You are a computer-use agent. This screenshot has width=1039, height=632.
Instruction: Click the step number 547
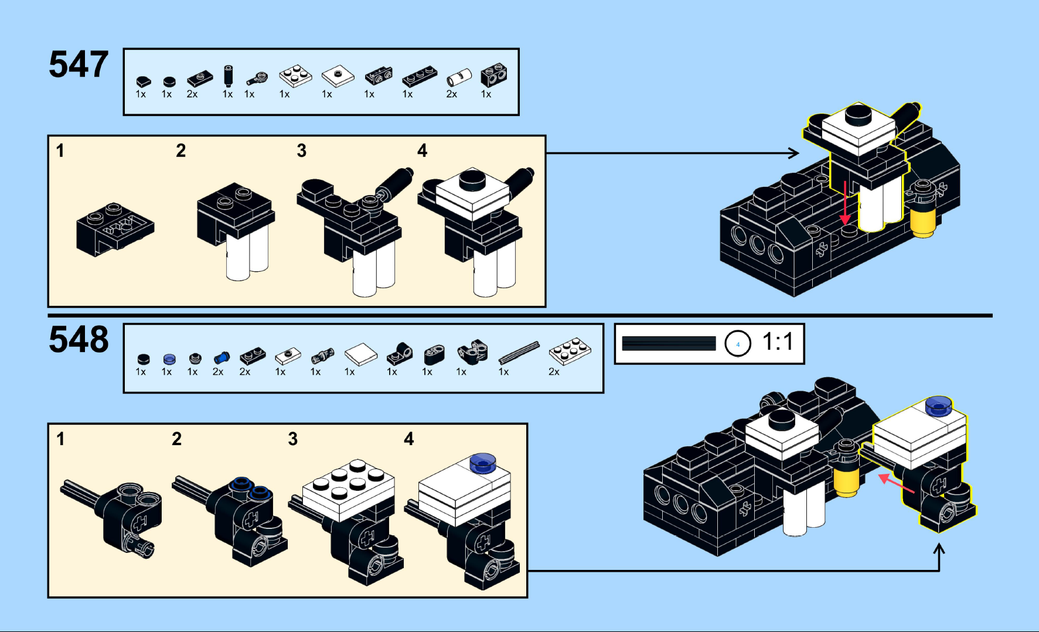(x=79, y=64)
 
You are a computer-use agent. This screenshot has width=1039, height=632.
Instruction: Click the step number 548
(x=79, y=340)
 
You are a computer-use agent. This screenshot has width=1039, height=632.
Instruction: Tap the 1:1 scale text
(x=778, y=341)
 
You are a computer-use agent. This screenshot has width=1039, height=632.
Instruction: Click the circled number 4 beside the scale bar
(x=738, y=344)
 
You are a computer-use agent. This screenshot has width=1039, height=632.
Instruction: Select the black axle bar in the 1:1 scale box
(x=669, y=343)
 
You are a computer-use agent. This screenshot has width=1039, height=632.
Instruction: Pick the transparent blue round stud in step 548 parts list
(x=169, y=359)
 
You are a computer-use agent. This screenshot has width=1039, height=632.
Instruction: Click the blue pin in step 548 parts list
(x=221, y=358)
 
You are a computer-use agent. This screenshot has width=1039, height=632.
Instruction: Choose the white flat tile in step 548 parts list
(x=360, y=354)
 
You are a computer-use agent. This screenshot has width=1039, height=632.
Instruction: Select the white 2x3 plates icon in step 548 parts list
(x=570, y=351)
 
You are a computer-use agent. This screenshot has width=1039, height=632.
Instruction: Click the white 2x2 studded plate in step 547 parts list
(x=295, y=76)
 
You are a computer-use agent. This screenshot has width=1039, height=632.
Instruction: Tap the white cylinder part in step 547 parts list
(x=459, y=77)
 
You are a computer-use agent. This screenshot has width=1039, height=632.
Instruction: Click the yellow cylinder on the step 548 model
(x=846, y=481)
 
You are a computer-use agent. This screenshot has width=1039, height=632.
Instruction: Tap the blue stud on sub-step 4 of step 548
(x=482, y=463)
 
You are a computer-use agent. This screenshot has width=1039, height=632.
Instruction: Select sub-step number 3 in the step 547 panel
(x=302, y=151)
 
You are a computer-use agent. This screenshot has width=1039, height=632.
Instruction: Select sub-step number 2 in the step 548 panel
(x=177, y=439)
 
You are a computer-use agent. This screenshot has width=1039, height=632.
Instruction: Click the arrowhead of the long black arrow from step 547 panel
(x=794, y=153)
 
